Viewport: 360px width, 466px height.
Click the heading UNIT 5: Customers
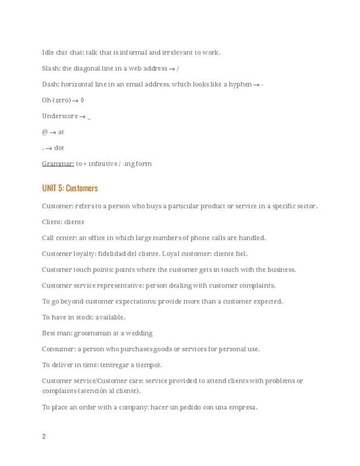point(70,188)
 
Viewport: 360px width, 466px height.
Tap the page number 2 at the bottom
point(44,436)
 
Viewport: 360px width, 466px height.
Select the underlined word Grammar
point(58,163)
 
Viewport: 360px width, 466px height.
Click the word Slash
point(51,68)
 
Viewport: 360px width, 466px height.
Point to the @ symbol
point(45,132)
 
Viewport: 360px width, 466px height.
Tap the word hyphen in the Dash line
point(240,84)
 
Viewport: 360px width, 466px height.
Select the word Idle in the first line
point(48,52)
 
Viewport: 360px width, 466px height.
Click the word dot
point(59,148)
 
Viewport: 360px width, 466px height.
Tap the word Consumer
point(58,349)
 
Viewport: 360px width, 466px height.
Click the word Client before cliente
point(52,222)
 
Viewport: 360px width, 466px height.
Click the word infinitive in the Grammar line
point(103,163)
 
